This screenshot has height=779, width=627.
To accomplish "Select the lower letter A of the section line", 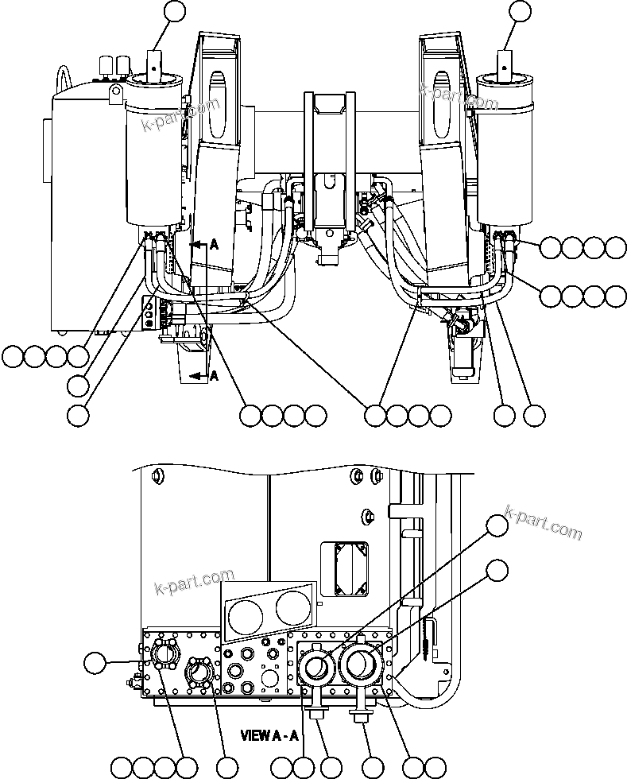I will pyautogui.click(x=213, y=377).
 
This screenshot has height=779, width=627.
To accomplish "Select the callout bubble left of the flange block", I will pyautogui.click(x=95, y=661).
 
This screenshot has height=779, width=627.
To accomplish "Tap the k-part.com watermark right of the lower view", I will pyautogui.click(x=544, y=523).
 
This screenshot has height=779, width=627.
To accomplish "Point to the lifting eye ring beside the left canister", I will pyautogui.click(x=117, y=97).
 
